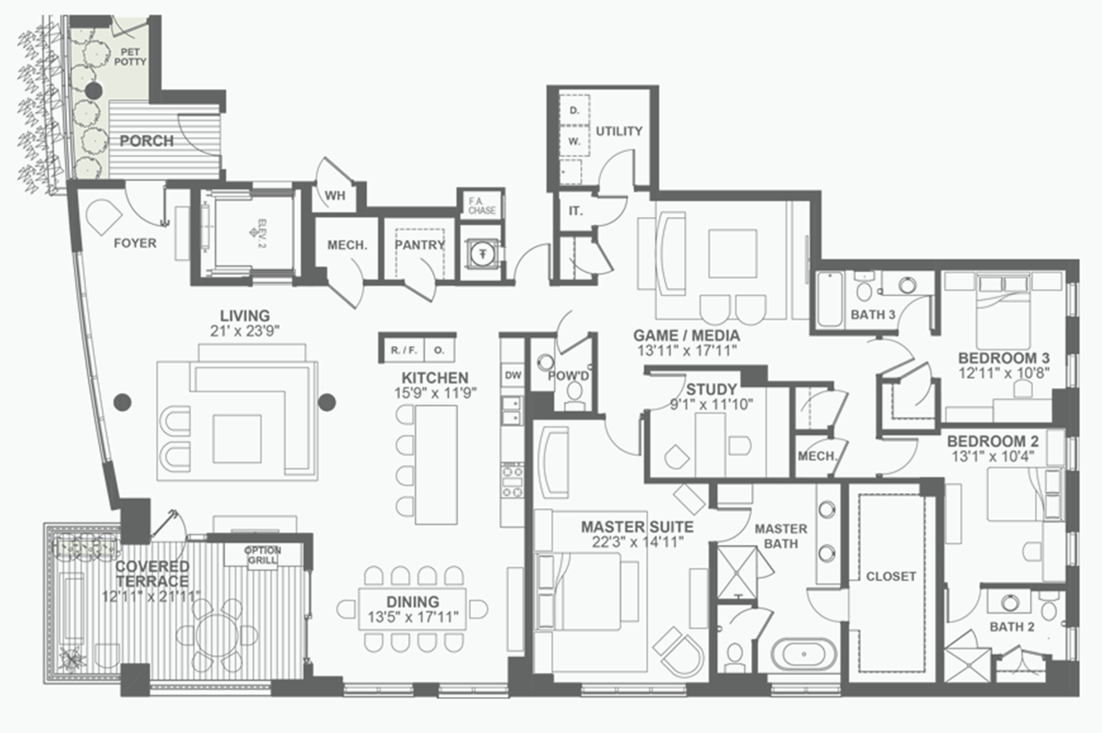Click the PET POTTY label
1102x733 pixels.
(130, 56)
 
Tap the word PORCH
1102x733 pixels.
(147, 141)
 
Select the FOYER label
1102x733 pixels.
(135, 243)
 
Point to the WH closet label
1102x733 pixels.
(335, 195)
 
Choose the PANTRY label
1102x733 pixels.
(420, 245)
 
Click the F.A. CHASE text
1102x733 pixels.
(482, 206)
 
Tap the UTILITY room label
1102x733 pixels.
(619, 132)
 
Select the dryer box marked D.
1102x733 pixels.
(574, 110)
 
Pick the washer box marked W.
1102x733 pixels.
(574, 141)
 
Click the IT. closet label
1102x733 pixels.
(575, 211)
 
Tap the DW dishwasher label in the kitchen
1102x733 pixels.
(512, 375)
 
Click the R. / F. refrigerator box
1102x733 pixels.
(404, 350)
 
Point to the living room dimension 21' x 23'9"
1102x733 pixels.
(245, 331)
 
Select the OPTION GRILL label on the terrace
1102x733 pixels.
(263, 556)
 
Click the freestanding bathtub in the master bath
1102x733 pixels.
(803, 654)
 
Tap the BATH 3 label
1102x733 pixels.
(873, 314)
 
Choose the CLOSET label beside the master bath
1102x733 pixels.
(891, 576)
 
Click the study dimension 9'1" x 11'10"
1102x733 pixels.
(711, 405)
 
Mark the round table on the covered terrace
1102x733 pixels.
(217, 635)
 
